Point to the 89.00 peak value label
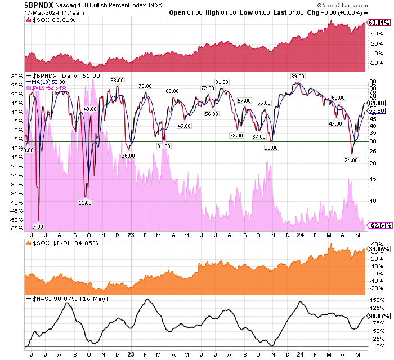[297, 76]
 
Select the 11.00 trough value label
[85, 202]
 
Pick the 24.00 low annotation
[352, 160]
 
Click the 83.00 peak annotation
[117, 81]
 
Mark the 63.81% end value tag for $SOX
[378, 23]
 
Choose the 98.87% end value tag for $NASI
[378, 317]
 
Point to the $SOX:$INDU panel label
[58, 243]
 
